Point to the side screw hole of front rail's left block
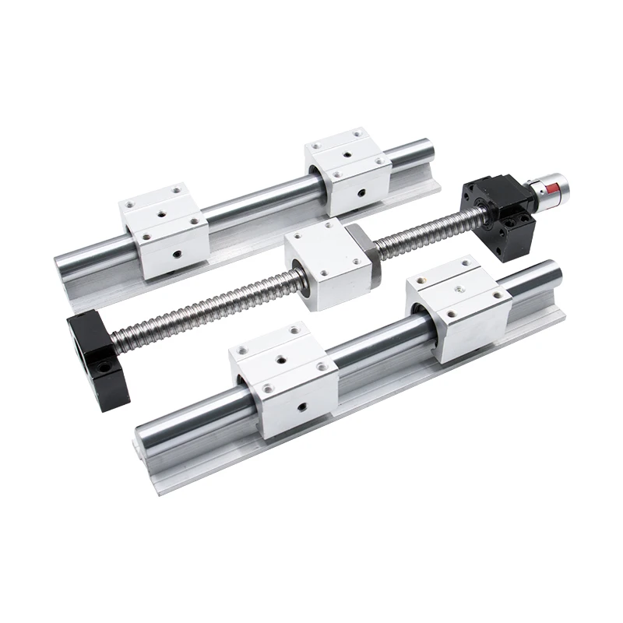pyautogui.click(x=300, y=405)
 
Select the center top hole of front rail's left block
pyautogui.click(x=275, y=359)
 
